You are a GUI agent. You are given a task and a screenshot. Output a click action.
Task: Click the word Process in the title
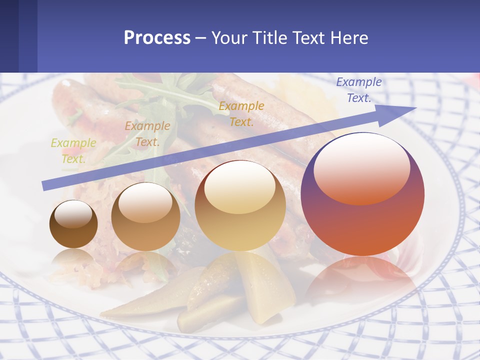click(157, 37)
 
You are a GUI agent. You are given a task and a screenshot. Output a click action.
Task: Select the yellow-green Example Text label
click(73, 150)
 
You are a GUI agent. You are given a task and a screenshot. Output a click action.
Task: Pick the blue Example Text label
click(358, 90)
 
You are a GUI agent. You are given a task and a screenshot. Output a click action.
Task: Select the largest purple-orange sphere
click(362, 225)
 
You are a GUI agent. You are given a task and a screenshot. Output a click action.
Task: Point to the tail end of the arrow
click(46, 185)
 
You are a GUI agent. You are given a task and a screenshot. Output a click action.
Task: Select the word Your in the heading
click(228, 37)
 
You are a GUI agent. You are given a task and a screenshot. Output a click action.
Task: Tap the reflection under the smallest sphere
click(73, 258)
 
